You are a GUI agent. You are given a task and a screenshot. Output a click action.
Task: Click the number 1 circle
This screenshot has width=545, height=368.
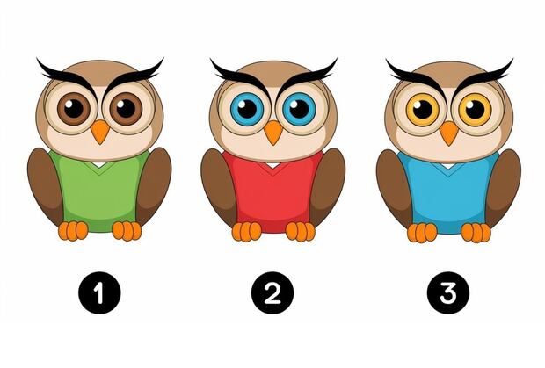99,292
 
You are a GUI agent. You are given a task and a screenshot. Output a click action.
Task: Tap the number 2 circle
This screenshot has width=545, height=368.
272,292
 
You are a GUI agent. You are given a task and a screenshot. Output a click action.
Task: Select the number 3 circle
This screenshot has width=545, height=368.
448,292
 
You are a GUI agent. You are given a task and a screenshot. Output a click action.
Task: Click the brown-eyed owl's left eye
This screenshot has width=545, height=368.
74,109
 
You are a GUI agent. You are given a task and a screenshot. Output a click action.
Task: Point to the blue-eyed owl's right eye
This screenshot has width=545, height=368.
299,109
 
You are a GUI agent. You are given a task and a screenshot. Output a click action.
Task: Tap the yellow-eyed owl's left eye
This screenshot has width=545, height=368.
423,110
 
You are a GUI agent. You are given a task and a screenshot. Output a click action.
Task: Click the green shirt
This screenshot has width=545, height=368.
100,192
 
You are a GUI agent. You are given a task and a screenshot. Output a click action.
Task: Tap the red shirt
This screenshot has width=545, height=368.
273,193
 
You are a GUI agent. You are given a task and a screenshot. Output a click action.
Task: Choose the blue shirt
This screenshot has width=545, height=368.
448,194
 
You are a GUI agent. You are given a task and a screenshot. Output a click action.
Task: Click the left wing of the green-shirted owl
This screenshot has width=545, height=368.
45,185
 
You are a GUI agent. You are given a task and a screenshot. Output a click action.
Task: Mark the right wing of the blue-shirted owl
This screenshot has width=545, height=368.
503,187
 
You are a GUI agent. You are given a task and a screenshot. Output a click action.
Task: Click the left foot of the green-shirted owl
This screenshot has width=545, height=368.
73,231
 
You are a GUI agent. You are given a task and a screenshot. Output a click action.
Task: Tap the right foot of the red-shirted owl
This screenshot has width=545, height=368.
301,232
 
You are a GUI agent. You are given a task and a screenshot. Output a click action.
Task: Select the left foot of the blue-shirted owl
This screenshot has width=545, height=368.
422,232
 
